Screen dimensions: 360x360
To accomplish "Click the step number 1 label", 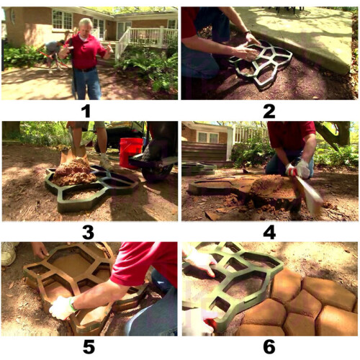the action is click(x=86, y=112).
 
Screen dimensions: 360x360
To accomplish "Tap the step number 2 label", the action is click(x=269, y=112).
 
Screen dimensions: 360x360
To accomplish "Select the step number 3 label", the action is click(x=88, y=233).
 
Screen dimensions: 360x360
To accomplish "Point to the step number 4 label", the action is click(x=269, y=233).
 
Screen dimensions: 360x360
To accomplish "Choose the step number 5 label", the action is click(x=89, y=347).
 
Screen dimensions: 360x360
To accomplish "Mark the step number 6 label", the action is click(x=269, y=347).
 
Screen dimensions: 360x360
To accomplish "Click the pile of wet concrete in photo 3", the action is click(x=74, y=172).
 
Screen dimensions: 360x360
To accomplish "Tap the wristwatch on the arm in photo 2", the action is click(x=247, y=32).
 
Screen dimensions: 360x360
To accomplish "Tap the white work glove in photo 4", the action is click(x=300, y=168).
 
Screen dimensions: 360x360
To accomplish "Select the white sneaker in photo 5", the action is click(x=9, y=253).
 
